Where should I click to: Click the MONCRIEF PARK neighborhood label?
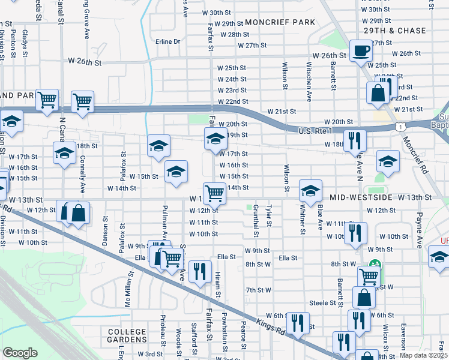pos(280,22)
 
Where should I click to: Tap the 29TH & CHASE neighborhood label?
pos(394,31)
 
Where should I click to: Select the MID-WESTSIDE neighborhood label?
pos(361,197)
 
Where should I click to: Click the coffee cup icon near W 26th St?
pos(361,51)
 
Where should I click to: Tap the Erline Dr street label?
pos(168,42)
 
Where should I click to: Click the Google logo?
pos(20,352)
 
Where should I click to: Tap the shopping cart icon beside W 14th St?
pos(214,193)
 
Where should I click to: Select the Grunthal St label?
pos(256,219)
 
